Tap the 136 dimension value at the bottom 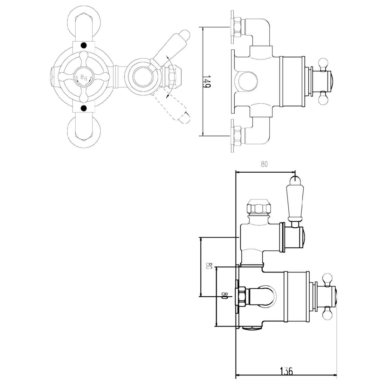(286, 371)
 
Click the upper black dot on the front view (84, 45)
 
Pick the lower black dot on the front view (84, 109)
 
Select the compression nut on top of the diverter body (258, 207)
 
